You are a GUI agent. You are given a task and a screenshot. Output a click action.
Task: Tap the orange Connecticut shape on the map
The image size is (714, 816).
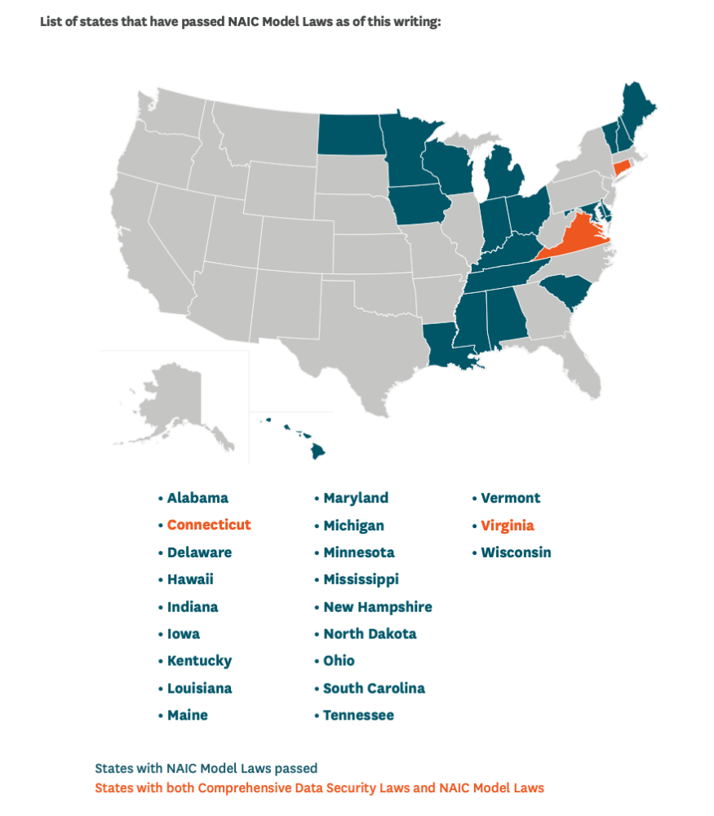pyautogui.click(x=623, y=168)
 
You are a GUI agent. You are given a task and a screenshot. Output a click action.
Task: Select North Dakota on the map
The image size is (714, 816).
pyautogui.click(x=350, y=135)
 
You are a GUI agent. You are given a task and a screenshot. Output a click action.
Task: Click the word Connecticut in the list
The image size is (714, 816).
pyautogui.click(x=209, y=525)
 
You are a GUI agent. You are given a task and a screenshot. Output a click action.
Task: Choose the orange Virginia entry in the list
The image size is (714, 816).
pyautogui.click(x=507, y=525)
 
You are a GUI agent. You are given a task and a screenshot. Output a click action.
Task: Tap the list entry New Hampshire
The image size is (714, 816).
pyautogui.click(x=377, y=606)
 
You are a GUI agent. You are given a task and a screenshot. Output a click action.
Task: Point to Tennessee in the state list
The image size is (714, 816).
pyautogui.click(x=358, y=715)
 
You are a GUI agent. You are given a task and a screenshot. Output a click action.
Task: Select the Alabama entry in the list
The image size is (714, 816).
pyautogui.click(x=197, y=498)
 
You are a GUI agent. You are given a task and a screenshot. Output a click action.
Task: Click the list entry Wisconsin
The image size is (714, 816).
pyautogui.click(x=516, y=552)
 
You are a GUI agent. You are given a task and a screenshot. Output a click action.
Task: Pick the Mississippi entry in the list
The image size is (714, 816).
pyautogui.click(x=361, y=579)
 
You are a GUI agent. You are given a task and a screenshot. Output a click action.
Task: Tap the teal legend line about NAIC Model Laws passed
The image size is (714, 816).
pyautogui.click(x=206, y=768)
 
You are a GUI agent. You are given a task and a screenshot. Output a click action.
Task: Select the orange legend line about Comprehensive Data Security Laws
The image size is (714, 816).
pyautogui.click(x=319, y=787)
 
